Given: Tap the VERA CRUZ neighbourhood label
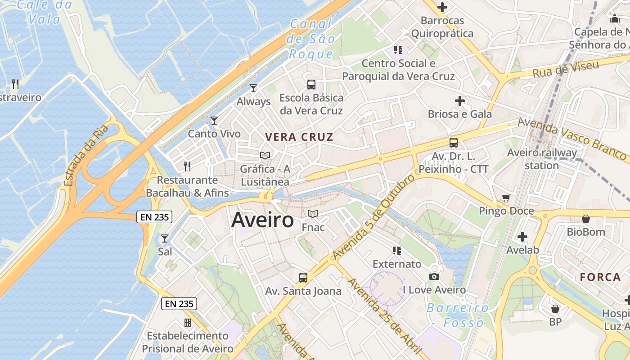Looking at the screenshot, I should click(299, 137).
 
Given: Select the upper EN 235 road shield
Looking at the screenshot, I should click(154, 217).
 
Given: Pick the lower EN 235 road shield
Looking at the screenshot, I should click(179, 304).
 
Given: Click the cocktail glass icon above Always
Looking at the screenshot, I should click(253, 88).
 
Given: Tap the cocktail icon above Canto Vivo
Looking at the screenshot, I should click(214, 120).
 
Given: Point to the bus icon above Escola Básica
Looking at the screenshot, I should click(311, 84).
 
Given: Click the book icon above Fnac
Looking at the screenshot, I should click(313, 214).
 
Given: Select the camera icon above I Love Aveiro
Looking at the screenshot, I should click(434, 276).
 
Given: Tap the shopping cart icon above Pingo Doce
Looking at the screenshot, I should click(506, 198).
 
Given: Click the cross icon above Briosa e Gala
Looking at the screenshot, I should click(459, 101).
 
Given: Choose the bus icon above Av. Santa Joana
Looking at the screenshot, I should click(303, 277).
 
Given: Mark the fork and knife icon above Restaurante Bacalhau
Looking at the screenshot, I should click(187, 166).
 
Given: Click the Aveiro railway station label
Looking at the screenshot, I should click(542, 159).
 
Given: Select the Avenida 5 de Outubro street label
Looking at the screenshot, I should click(373, 216).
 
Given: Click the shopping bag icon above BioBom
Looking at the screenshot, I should click(586, 219).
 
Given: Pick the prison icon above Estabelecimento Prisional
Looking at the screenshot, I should click(188, 323).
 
